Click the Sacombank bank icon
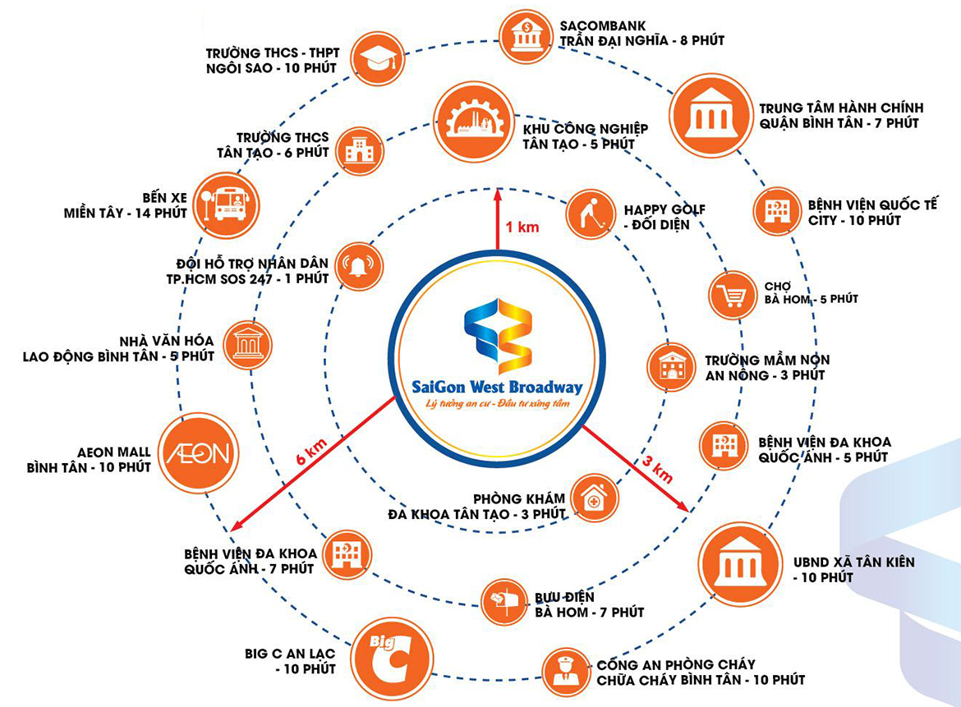coord(525,37)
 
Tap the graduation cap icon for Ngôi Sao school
coord(378,59)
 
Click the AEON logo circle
coord(199,452)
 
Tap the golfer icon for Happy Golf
coord(591,213)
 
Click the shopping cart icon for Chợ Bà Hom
coord(733,295)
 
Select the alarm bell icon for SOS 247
coord(359,267)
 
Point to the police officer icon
coord(566,672)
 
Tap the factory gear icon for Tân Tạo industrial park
coord(474,122)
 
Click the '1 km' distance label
coord(522,227)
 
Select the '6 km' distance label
coord(311,451)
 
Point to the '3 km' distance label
coord(657,470)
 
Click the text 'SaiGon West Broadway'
coord(496,388)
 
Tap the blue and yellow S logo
coord(498,336)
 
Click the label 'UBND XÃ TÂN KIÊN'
coord(853,562)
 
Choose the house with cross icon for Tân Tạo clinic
coord(593,498)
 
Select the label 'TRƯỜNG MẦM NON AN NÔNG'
coord(767,368)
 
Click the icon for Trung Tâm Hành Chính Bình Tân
coord(711,115)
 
